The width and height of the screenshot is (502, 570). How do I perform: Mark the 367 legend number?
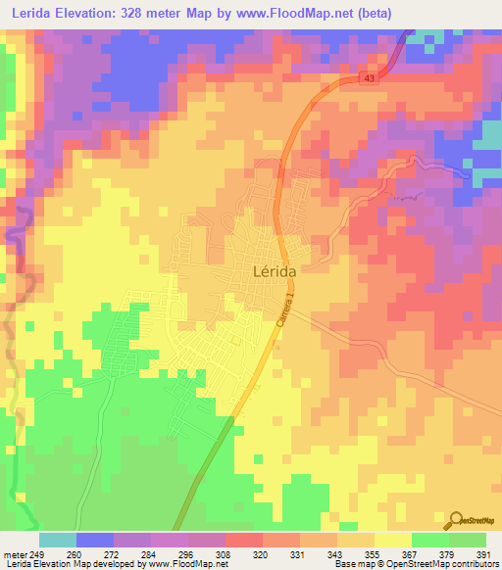413,553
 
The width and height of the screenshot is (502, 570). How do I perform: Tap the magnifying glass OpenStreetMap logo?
456,522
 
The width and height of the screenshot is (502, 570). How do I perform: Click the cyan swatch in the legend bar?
58,540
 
